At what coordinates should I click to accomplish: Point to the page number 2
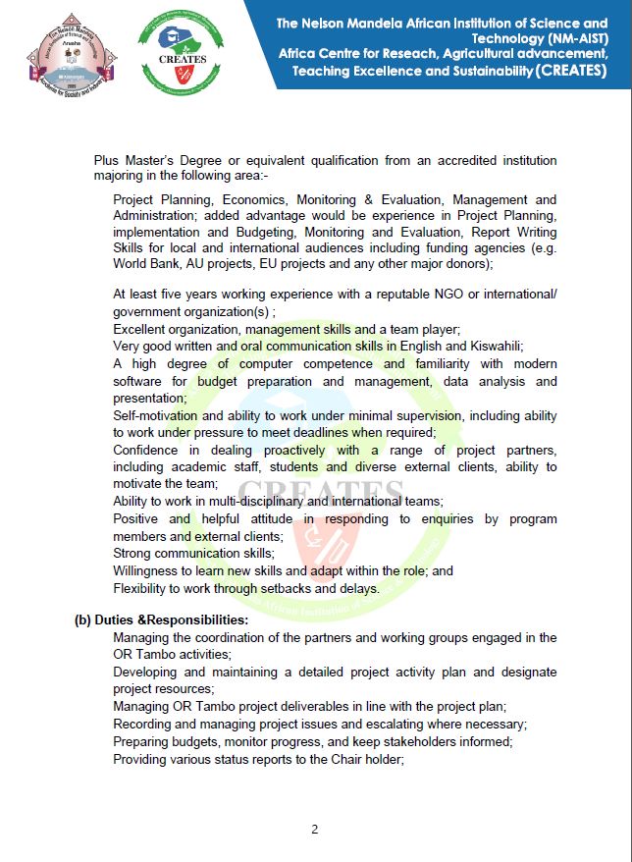point(315,829)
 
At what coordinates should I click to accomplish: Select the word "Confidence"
point(147,450)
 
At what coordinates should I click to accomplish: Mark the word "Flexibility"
point(146,588)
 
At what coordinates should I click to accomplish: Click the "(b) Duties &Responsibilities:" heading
point(162,620)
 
